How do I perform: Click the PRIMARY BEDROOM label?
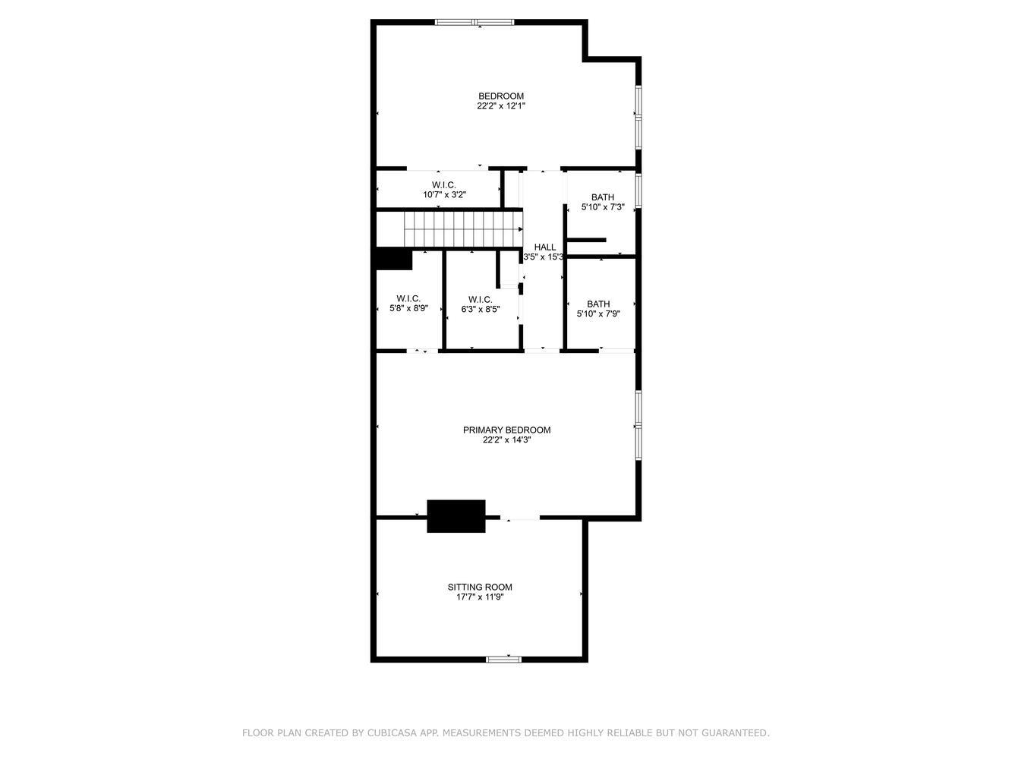506,430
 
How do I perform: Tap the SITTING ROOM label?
480,587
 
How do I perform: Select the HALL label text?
544,247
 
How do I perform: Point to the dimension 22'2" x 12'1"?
501,106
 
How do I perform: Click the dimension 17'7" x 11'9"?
480,597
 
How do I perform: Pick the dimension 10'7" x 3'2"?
444,195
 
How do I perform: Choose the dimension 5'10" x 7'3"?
603,207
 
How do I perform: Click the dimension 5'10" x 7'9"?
598,313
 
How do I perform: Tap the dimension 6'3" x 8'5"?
481,309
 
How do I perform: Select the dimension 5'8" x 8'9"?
409,308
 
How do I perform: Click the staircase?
463,229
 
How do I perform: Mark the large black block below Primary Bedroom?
456,516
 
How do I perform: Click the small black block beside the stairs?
394,259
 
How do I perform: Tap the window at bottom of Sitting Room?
503,660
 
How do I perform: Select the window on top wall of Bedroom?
474,22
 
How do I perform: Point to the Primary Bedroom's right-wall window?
638,425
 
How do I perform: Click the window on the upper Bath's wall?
638,190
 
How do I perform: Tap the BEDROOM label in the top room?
501,96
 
